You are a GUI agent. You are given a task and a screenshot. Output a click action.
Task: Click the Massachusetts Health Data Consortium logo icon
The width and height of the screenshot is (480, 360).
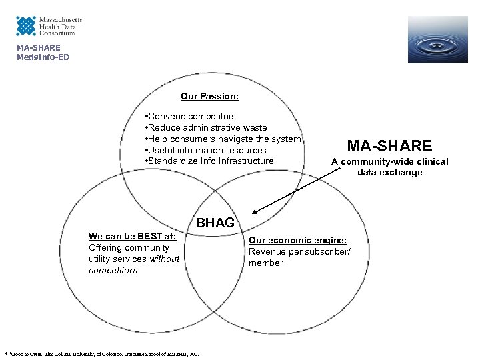point(26,26)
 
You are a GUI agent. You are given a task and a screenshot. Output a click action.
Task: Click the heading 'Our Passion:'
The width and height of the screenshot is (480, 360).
point(209,97)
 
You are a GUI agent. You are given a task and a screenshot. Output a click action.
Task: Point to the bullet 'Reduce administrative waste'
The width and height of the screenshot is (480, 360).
point(207,127)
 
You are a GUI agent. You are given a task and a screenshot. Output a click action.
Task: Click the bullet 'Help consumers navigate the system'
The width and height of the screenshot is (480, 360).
point(224,139)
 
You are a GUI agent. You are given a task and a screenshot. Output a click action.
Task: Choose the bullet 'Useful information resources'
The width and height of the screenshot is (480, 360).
point(207,150)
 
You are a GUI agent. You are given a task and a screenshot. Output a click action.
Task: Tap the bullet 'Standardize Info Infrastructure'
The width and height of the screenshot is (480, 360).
point(210,161)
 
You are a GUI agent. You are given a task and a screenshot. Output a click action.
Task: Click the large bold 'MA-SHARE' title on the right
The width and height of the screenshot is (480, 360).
point(389,145)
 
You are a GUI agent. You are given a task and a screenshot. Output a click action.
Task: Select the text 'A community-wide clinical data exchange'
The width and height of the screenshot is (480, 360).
point(389,167)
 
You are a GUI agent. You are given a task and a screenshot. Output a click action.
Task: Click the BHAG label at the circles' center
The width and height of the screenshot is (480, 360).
point(215,223)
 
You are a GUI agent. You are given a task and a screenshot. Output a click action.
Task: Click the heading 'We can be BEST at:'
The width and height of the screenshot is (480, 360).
point(132,236)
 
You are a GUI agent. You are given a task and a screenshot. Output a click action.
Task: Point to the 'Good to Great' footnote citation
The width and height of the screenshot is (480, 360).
point(103,353)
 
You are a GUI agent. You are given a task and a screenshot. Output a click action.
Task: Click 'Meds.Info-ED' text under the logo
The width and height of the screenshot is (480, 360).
point(43,57)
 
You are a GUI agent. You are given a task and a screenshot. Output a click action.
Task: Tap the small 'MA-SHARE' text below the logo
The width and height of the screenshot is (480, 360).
point(39,48)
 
